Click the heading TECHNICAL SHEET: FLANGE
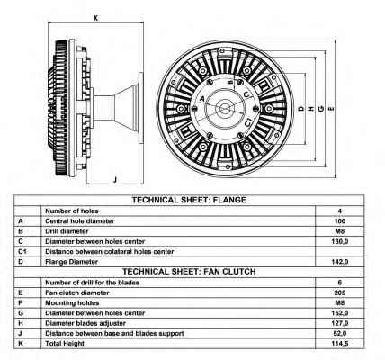pyautogui.click(x=189, y=200)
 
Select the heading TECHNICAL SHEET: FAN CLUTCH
pyautogui.click(x=189, y=272)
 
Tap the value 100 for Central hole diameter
pyautogui.click(x=340, y=221)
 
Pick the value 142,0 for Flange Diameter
pyautogui.click(x=340, y=262)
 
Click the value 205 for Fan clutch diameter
pyautogui.click(x=340, y=292)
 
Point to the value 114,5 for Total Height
pyautogui.click(x=340, y=344)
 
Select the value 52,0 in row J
pyautogui.click(x=340, y=333)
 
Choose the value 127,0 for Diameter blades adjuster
pyautogui.click(x=340, y=323)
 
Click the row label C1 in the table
pyautogui.click(x=22, y=251)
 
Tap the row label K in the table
pyautogui.click(x=21, y=343)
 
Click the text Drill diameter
pyautogui.click(x=67, y=231)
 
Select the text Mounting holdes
pyautogui.click(x=72, y=302)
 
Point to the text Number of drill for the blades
pyautogui.click(x=92, y=283)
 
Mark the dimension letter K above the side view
pyautogui.click(x=95, y=18)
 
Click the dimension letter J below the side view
pyautogui.click(x=115, y=179)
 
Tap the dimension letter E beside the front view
pyautogui.click(x=331, y=108)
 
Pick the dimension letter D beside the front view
pyautogui.click(x=301, y=109)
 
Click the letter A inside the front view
pyautogui.click(x=201, y=99)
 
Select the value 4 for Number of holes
pyautogui.click(x=340, y=211)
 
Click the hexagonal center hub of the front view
pyautogui.click(x=225, y=108)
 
